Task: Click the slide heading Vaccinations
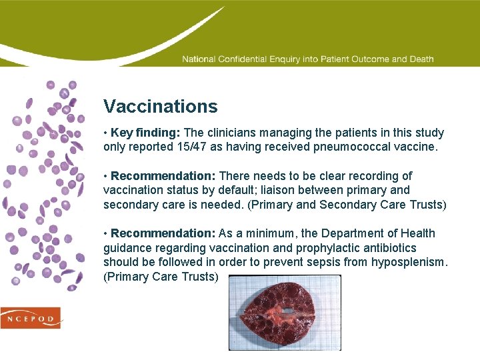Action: click(160, 107)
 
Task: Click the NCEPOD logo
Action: click(31, 318)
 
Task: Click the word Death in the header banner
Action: click(421, 59)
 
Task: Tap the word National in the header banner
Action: click(199, 59)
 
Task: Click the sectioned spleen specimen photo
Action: click(285, 312)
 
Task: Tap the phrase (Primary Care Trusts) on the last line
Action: click(161, 277)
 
